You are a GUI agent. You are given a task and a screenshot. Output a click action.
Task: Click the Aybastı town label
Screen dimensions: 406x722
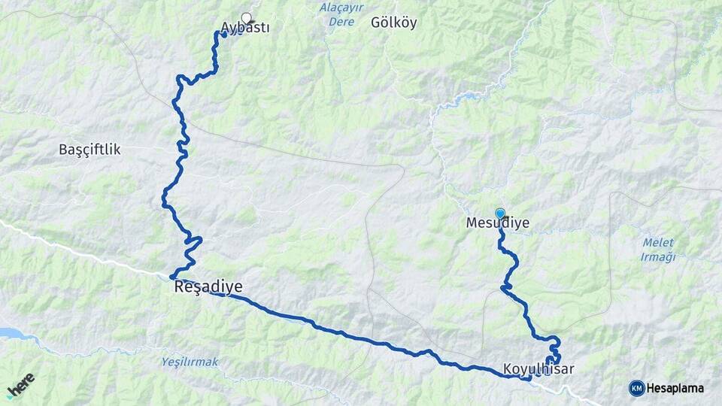pos(245,29)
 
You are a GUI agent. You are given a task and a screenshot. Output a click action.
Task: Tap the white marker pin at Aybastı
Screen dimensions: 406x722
pos(246,18)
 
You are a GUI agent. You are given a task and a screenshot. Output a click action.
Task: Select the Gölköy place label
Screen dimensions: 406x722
pos(393,23)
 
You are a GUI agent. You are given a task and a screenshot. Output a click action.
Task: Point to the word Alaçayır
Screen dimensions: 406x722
pos(342,8)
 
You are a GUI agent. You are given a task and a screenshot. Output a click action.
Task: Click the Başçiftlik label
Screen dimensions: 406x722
pos(89,150)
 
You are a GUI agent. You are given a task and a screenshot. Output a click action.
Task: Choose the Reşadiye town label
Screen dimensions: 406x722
pos(208,286)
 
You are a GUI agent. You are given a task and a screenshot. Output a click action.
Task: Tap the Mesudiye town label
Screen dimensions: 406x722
pos(498,223)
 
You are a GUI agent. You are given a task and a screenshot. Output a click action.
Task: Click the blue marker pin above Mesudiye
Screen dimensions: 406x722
pos(500,214)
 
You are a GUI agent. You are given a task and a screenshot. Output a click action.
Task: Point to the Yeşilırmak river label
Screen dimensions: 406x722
pos(190,362)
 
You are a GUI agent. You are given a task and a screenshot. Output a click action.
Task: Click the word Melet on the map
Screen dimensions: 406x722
pos(658,243)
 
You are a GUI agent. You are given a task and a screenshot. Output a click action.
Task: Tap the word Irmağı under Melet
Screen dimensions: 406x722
pos(658,257)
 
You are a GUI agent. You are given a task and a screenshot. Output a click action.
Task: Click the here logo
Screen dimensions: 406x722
pos(20,384)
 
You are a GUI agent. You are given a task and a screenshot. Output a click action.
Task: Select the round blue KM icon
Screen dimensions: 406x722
pos(636,388)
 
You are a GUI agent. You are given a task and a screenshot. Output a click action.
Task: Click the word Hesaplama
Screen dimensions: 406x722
pos(675,389)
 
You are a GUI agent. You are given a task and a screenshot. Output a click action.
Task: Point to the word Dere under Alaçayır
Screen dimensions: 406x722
pos(341,22)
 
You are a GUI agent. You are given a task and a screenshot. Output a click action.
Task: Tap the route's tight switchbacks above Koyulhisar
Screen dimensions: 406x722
pos(554,350)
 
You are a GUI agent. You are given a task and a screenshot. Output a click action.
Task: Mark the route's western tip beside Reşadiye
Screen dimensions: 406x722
pos(172,277)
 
